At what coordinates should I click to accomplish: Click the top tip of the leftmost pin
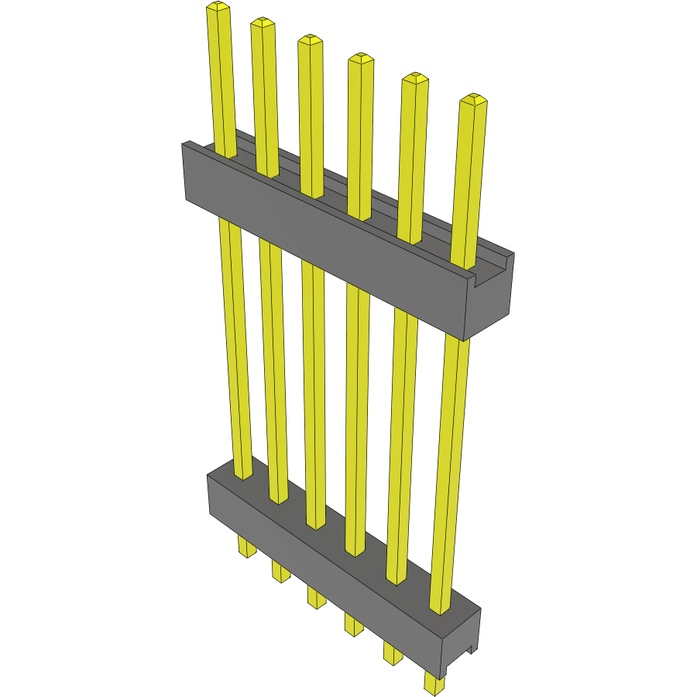click(218, 8)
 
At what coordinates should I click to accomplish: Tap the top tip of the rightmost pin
click(473, 99)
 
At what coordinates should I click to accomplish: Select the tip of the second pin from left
click(263, 22)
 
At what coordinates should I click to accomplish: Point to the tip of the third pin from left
click(310, 39)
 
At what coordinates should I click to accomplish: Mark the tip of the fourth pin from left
click(359, 58)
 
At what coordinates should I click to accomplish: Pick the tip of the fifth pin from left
click(414, 77)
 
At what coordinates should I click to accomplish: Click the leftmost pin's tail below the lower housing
click(247, 548)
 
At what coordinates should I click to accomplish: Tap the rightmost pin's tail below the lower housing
click(434, 682)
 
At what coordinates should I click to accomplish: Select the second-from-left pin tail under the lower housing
click(280, 572)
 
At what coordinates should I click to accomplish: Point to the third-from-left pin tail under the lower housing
click(316, 597)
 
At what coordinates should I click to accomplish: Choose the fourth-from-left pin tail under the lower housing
click(353, 623)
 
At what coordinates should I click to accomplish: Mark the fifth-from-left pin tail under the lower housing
click(393, 654)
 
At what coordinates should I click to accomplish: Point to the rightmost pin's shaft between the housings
click(450, 465)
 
